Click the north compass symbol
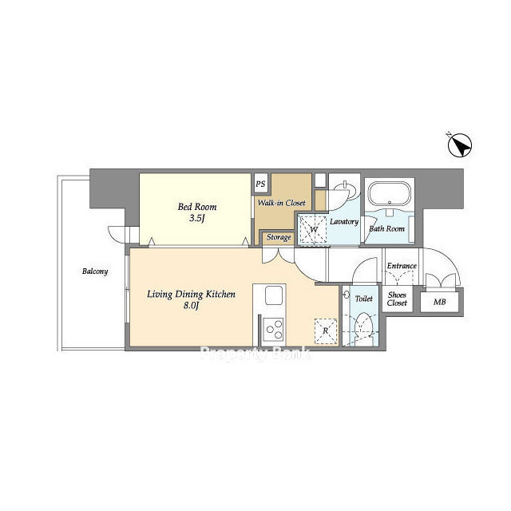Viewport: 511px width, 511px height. [x=460, y=145]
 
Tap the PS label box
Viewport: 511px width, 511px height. [x=260, y=184]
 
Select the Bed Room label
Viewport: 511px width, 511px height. [x=197, y=207]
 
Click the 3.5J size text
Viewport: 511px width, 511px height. [x=197, y=218]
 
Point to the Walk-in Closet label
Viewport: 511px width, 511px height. [x=282, y=203]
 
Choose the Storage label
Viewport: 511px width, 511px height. [x=279, y=237]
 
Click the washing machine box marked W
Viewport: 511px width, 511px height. [x=313, y=230]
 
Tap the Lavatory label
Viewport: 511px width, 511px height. [x=344, y=222]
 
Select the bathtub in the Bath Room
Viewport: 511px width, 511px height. [x=389, y=193]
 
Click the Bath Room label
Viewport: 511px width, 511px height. [x=386, y=229]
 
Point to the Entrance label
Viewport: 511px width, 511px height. [x=402, y=266]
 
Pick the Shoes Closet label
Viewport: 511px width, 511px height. [x=398, y=299]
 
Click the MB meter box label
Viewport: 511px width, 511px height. [x=440, y=302]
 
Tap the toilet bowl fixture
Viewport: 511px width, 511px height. [x=363, y=325]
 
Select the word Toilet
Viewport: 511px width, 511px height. [x=364, y=299]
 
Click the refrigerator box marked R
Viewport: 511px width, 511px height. [x=326, y=331]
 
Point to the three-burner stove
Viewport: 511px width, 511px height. [x=274, y=330]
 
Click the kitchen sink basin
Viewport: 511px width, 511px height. [x=274, y=295]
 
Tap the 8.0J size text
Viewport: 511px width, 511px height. [x=192, y=306]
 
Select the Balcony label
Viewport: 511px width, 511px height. [x=95, y=271]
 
